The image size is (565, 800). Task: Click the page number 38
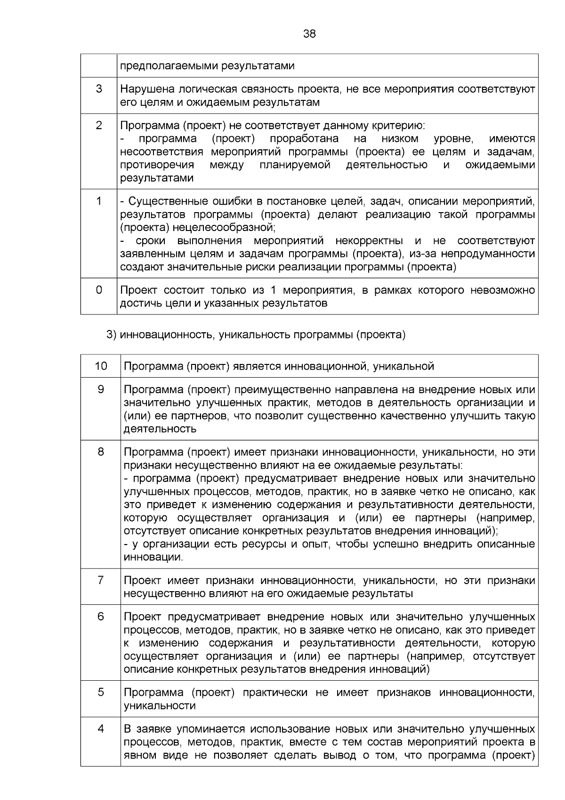click(309, 34)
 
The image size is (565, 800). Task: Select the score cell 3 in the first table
click(99, 89)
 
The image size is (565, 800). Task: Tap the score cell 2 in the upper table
click(99, 125)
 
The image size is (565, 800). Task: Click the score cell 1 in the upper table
click(99, 201)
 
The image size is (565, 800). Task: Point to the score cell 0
click(99, 290)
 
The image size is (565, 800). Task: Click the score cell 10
click(101, 366)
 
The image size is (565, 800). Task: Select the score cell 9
click(101, 389)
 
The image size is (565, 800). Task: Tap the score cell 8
click(101, 452)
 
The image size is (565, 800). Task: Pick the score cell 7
click(101, 580)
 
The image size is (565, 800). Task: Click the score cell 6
click(101, 617)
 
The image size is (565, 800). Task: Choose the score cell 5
click(101, 693)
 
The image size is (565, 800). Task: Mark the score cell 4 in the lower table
click(101, 729)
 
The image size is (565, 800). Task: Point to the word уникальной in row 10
click(404, 366)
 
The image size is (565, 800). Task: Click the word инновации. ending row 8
click(153, 557)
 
